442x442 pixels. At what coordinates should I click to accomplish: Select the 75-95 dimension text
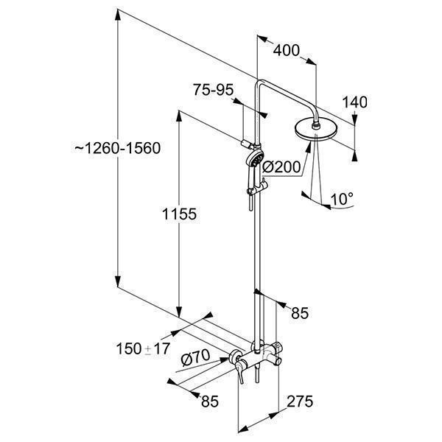(213, 90)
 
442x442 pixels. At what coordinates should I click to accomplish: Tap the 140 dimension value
(354, 102)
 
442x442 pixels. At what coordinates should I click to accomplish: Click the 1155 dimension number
(180, 214)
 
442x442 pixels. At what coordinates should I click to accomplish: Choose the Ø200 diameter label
(281, 168)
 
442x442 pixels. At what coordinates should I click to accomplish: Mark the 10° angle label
(342, 198)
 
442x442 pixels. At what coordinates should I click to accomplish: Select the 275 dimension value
(300, 401)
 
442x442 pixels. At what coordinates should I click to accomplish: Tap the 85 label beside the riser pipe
(298, 313)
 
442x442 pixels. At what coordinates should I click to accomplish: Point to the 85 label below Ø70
(210, 401)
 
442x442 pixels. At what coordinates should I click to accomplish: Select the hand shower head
(253, 161)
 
